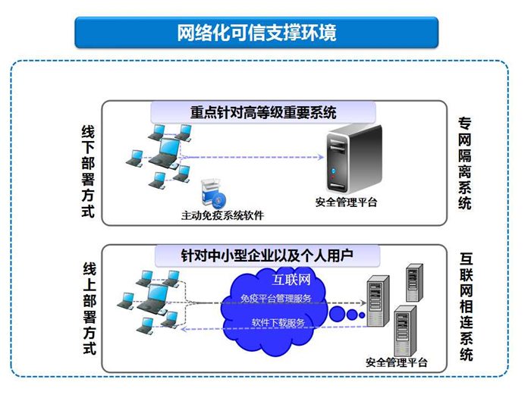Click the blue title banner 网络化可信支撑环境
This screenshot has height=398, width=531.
point(256,33)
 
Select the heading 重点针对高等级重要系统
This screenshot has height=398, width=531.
point(263,112)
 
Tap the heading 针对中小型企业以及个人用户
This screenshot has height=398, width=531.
point(267,255)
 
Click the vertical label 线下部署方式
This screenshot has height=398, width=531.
point(88,171)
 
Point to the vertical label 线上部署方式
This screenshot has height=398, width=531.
point(90,309)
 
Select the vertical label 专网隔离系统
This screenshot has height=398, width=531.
point(465,164)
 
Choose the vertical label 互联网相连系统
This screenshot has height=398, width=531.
point(467,307)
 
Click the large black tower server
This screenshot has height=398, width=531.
point(354,158)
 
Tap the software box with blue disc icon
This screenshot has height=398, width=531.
point(213,193)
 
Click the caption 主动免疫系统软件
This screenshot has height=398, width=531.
point(222,215)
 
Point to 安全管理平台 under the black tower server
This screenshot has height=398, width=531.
point(346,202)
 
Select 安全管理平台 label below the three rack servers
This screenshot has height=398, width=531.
point(396,362)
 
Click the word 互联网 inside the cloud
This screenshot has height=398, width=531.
point(291,280)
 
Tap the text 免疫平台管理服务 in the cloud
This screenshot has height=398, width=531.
point(275,299)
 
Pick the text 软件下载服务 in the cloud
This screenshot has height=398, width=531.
point(278,323)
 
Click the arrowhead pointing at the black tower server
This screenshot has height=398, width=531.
point(321,157)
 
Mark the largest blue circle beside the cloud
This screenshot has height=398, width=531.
point(337,314)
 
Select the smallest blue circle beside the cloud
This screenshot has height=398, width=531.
point(362,315)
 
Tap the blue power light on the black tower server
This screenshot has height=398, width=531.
point(333,171)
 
